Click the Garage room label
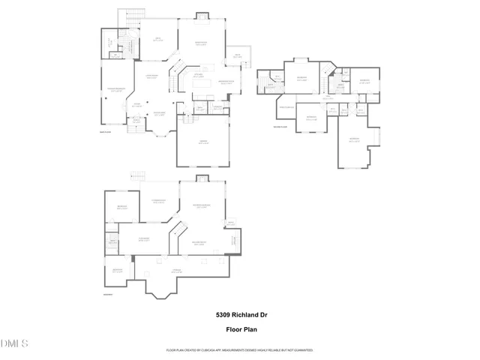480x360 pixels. tap(204, 142)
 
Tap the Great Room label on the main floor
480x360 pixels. tap(200, 43)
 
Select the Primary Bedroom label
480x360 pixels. tap(115, 89)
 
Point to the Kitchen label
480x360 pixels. tap(199, 76)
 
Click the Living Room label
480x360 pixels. tap(151, 77)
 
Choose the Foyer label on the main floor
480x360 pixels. tap(137, 106)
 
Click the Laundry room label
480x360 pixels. tap(217, 108)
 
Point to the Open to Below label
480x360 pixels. tap(286, 107)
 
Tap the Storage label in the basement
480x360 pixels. tap(178, 269)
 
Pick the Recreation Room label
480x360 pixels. tap(199, 206)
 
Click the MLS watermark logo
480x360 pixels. tap(14, 344)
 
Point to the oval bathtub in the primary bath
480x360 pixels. tap(126, 43)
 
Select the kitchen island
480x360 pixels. tap(202, 85)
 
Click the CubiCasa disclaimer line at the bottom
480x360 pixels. tap(239, 350)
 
